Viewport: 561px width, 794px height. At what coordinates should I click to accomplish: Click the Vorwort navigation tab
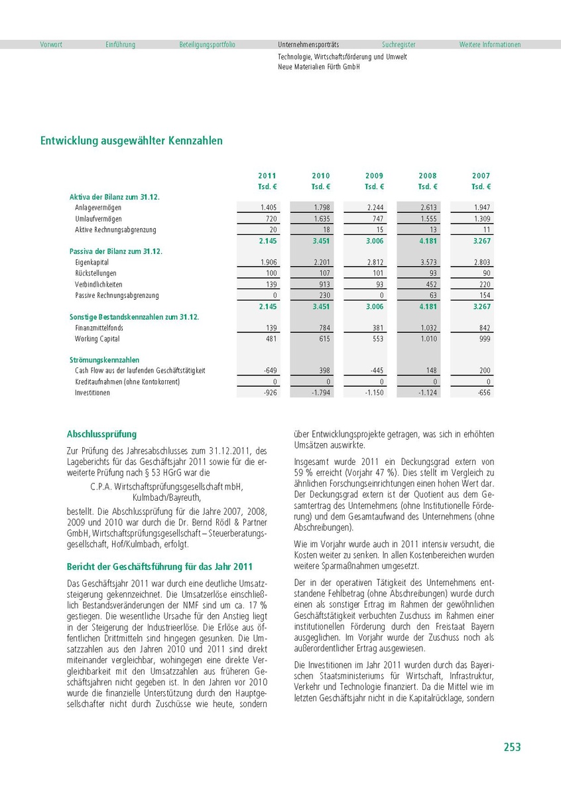click(x=51, y=44)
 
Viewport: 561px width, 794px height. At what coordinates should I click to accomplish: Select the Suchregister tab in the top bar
click(x=399, y=44)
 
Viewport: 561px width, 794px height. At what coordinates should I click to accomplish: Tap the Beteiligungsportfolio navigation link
click(x=207, y=44)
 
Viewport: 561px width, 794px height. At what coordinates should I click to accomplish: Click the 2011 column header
click(x=267, y=176)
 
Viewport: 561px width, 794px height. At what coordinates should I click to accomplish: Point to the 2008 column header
click(x=428, y=176)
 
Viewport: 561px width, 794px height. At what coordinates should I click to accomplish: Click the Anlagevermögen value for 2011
click(x=269, y=208)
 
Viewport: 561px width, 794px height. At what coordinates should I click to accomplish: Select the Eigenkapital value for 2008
click(x=428, y=263)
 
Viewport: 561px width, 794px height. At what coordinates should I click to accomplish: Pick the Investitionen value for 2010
click(x=321, y=393)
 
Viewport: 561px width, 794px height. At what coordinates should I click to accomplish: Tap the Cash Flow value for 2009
click(x=375, y=370)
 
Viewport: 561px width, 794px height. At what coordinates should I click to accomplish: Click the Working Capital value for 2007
click(x=482, y=339)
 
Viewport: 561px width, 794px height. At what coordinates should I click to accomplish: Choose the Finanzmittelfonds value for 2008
click(x=428, y=328)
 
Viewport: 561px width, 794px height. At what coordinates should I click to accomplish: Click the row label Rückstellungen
click(x=95, y=273)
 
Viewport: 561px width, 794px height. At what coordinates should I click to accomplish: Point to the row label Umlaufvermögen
click(x=98, y=219)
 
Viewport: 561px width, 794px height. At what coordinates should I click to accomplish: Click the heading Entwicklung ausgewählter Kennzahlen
click(x=131, y=141)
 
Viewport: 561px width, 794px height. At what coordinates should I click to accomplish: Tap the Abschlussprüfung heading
click(x=101, y=434)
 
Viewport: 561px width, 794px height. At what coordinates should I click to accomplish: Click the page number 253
click(x=512, y=747)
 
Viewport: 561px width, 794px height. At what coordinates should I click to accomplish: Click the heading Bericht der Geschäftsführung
click(x=160, y=566)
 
